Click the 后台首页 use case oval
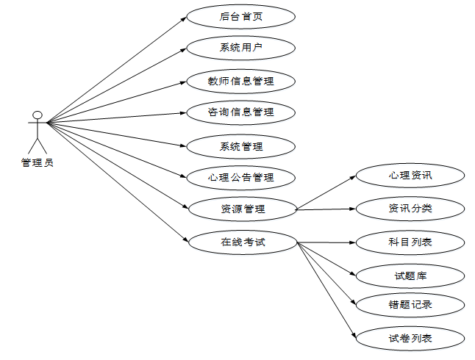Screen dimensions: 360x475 (240, 16)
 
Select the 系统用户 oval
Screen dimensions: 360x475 (240, 48)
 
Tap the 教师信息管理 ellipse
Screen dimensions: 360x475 (240, 80)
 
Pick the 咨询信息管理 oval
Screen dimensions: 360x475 (240, 112)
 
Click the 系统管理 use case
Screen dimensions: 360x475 (240, 145)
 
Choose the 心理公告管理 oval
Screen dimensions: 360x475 (240, 177)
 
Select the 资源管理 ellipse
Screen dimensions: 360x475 (242, 209)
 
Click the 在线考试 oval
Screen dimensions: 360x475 (242, 241)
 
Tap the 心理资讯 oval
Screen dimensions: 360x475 (410, 176)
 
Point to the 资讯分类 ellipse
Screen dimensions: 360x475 (410, 209)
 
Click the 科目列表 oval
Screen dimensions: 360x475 (410, 241)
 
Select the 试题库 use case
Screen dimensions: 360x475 (410, 276)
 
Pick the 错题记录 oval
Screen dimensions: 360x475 (410, 304)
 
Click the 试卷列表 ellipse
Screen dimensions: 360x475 (410, 338)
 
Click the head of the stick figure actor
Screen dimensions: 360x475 (37, 115)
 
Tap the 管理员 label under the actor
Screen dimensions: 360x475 (37, 162)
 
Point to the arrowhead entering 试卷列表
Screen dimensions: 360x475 (353, 334)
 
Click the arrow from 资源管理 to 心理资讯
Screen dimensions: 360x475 (325, 193)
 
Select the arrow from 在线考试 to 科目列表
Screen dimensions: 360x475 (325, 241)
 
